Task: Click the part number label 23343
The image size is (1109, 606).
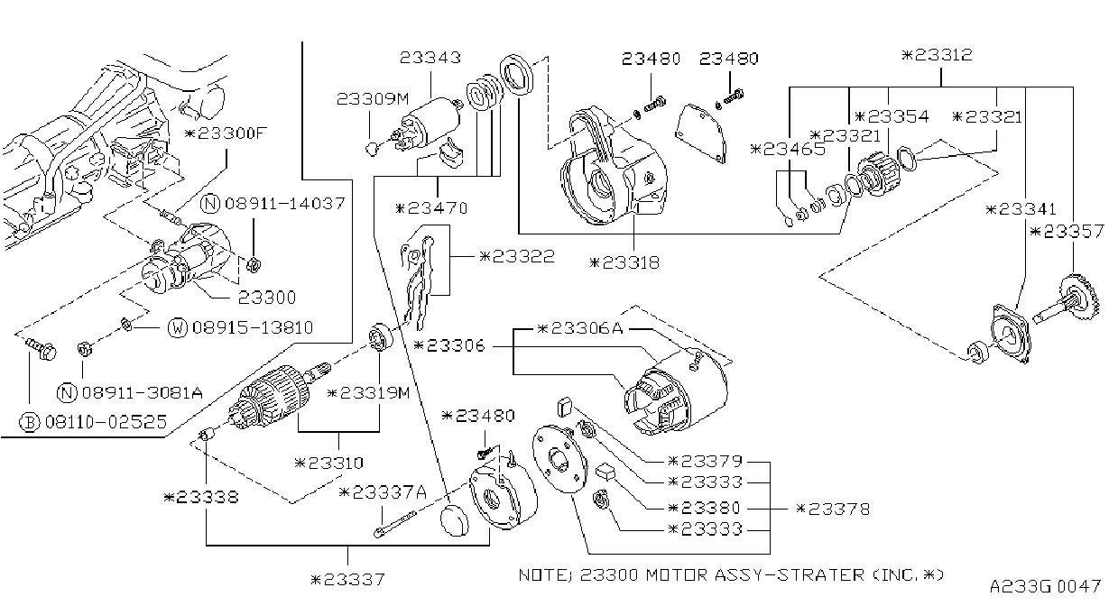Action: coord(430,58)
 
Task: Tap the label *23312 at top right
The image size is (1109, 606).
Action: coord(937,55)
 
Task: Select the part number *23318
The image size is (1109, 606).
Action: coord(624,262)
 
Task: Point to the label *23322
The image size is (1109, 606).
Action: coord(517,256)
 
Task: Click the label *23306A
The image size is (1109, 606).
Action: coord(579,328)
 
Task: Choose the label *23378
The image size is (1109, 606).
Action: coord(833,509)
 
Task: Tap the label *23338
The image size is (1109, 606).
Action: coord(201,497)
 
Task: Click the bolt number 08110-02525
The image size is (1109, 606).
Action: coord(106,422)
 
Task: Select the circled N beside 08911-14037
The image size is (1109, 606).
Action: coord(211,204)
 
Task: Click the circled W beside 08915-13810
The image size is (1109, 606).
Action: coord(178,327)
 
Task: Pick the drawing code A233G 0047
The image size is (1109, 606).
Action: coord(1045,587)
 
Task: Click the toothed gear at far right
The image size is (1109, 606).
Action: coord(1083,297)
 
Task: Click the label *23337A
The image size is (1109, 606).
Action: coord(383,492)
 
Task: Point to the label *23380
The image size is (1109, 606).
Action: coord(704,508)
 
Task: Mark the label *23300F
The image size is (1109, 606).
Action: coord(226,133)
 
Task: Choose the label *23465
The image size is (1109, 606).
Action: coord(788,149)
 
